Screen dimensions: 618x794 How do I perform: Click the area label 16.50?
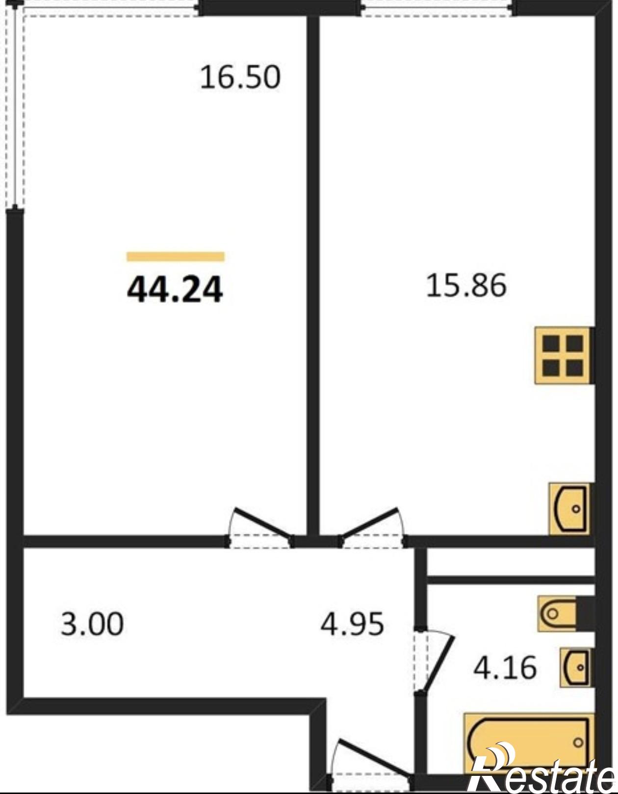(x=240, y=77)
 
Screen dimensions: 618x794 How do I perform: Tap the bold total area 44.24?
(x=175, y=289)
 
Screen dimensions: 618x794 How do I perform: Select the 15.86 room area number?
(x=466, y=285)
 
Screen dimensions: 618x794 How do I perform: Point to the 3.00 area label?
(x=92, y=624)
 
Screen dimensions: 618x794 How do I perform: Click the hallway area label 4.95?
(x=352, y=624)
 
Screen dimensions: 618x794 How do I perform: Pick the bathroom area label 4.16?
(x=505, y=668)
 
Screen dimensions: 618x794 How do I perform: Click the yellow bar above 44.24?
(x=176, y=256)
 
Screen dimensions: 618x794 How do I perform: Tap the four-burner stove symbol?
(x=564, y=355)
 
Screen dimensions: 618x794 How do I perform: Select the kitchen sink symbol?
(x=570, y=509)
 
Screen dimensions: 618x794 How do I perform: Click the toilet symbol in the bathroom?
(x=566, y=614)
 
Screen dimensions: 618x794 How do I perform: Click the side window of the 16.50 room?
(x=15, y=106)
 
